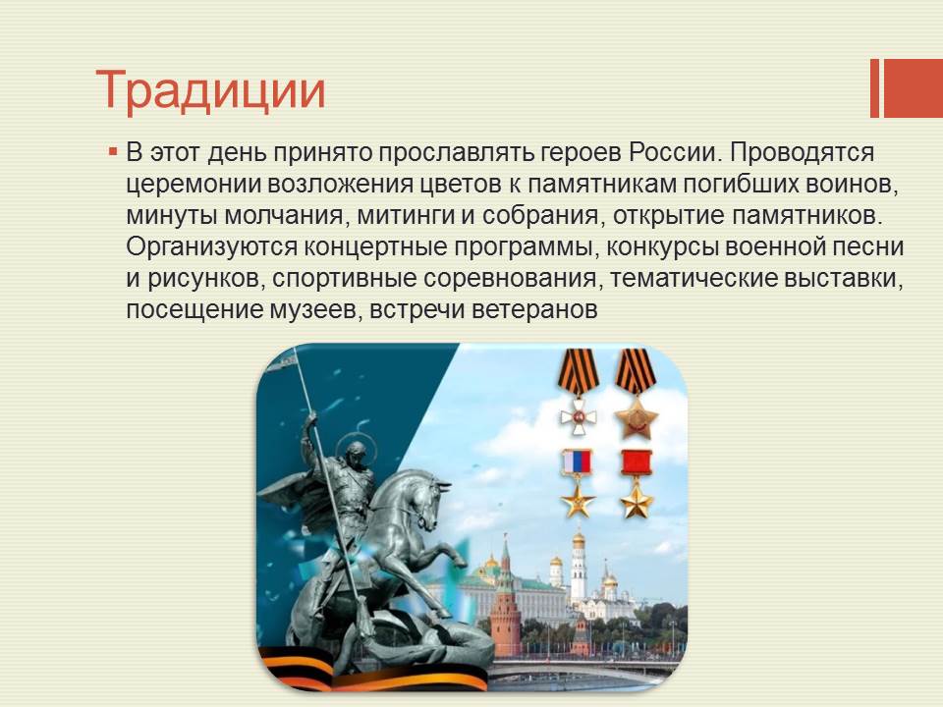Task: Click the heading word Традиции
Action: (210, 90)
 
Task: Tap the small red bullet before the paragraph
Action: (112, 151)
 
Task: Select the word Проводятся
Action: (803, 154)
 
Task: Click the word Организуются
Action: (212, 247)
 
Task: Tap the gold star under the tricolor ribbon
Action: (578, 500)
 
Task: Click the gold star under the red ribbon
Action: (637, 500)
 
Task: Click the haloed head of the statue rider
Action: (355, 451)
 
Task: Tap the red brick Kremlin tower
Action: (505, 607)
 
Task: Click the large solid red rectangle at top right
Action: (913, 87)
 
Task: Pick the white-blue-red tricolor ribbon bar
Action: (578, 462)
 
